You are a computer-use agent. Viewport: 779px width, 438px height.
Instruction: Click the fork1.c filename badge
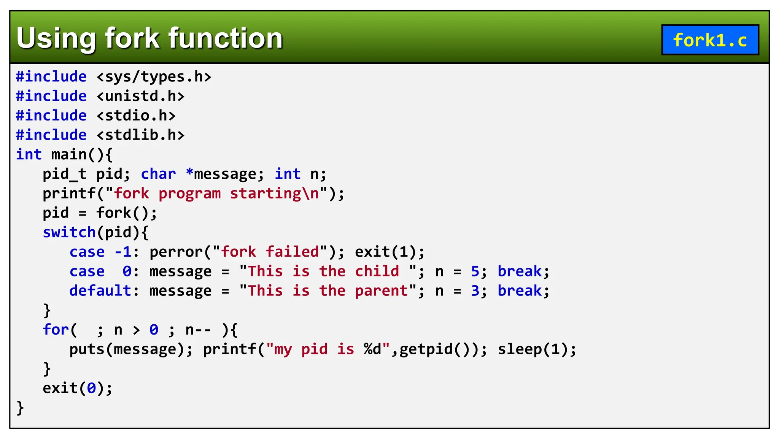click(710, 40)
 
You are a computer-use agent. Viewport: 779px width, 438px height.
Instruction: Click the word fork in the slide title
click(132, 38)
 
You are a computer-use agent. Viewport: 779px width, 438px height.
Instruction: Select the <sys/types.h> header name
click(154, 77)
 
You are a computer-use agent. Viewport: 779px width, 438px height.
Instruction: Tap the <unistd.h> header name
click(140, 96)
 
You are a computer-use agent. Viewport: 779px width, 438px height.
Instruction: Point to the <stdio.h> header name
click(136, 116)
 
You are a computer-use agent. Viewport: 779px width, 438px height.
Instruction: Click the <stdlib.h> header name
click(140, 135)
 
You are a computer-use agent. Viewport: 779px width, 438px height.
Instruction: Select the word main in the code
click(69, 155)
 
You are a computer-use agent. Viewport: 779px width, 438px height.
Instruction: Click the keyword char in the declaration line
click(158, 174)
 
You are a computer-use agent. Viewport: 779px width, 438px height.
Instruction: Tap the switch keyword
click(69, 232)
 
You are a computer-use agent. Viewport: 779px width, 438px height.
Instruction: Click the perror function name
click(176, 252)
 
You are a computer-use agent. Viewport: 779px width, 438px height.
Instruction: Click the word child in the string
click(377, 271)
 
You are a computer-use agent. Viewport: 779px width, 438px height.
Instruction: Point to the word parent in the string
click(381, 291)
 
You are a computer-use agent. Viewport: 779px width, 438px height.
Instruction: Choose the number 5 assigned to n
click(475, 271)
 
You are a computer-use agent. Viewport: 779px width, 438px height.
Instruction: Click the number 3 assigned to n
click(475, 291)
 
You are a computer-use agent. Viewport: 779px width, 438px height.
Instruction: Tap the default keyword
click(100, 291)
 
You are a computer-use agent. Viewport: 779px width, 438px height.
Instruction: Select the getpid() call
click(439, 349)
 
